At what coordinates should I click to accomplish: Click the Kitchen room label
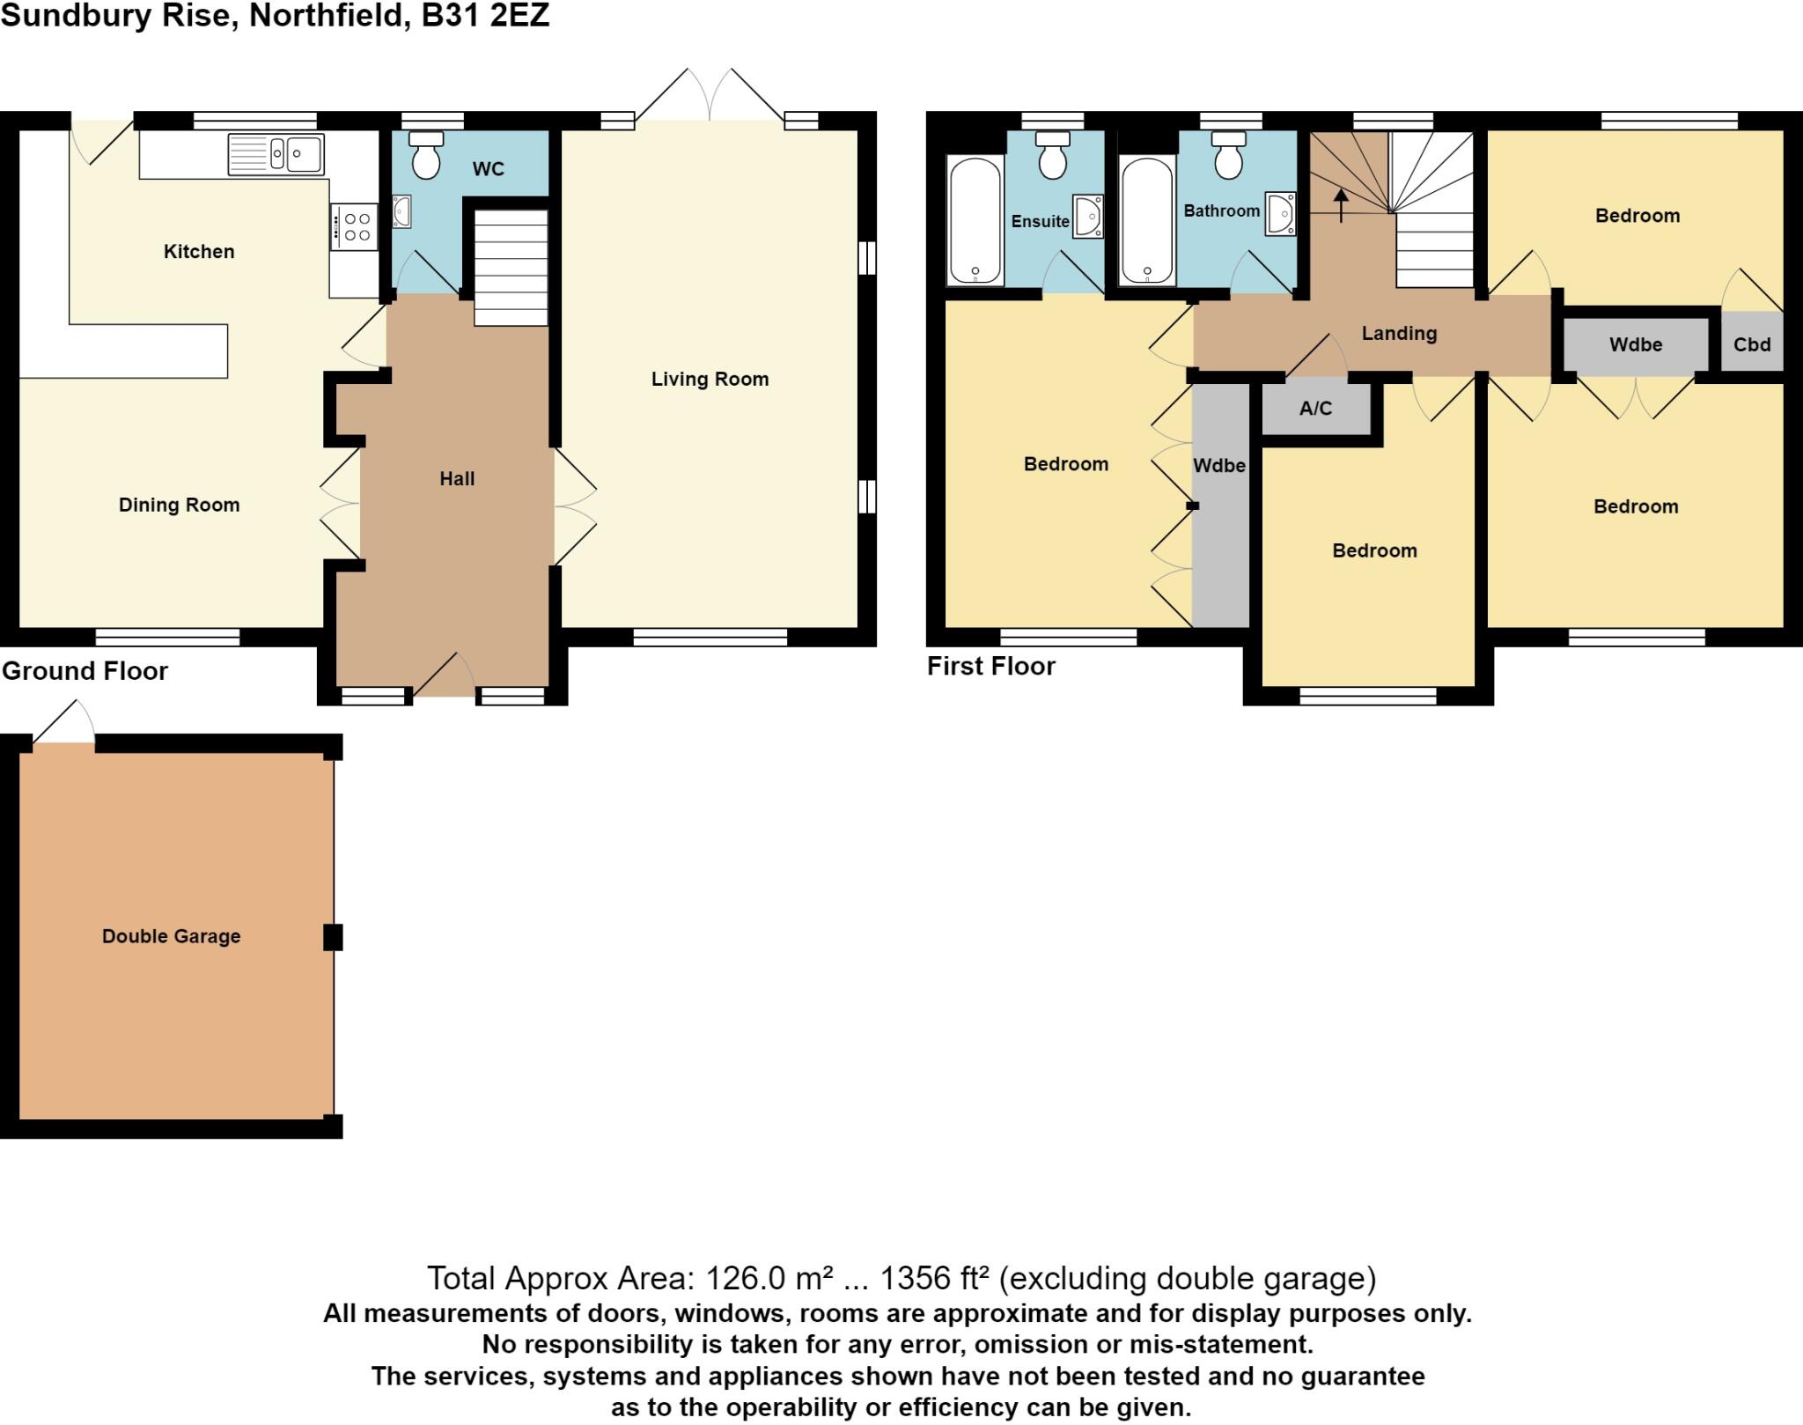coord(199,252)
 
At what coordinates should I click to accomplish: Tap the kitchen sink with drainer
coord(276,154)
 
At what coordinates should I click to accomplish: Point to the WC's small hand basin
coord(401,212)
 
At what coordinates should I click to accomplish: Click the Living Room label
coord(710,380)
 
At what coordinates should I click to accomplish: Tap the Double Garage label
coord(171,936)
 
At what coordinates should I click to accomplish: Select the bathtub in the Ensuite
coord(975,219)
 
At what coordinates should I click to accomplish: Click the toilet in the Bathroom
coord(1227,156)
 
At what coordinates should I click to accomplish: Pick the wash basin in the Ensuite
coord(1089,217)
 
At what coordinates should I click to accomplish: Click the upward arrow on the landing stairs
coord(1341,205)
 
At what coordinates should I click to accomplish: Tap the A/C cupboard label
coord(1315,409)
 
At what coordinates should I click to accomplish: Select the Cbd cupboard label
coord(1751,344)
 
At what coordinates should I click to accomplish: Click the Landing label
coord(1399,334)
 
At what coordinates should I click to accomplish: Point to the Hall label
coord(457,479)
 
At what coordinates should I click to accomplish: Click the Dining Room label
coord(179,506)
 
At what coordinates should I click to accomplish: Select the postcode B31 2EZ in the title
coord(485,16)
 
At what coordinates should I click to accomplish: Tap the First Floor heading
coord(990,666)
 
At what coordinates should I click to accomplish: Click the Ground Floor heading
coord(85,671)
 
